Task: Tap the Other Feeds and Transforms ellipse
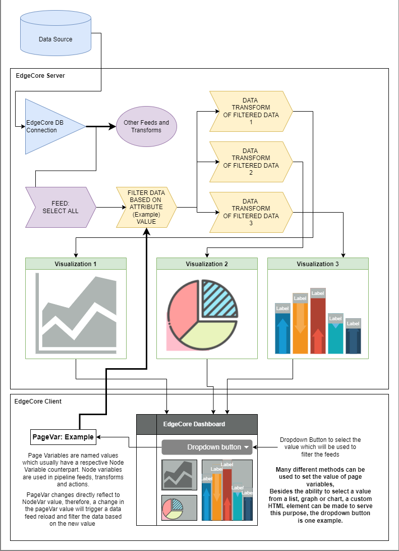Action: pyautogui.click(x=146, y=126)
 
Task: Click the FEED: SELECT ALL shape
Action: pyautogui.click(x=61, y=207)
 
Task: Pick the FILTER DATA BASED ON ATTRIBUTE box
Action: pyautogui.click(x=146, y=207)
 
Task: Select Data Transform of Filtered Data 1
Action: pyautogui.click(x=251, y=111)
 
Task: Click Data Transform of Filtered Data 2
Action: pyautogui.click(x=251, y=162)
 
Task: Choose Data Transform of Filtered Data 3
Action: pyautogui.click(x=251, y=212)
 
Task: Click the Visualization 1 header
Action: pyautogui.click(x=76, y=264)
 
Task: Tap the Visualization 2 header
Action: pyautogui.click(x=207, y=264)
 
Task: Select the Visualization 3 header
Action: pyautogui.click(x=318, y=264)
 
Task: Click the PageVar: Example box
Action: pyautogui.click(x=63, y=437)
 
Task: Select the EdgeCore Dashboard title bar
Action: pyautogui.click(x=207, y=424)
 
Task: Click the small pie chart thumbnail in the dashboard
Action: pyautogui.click(x=179, y=508)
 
